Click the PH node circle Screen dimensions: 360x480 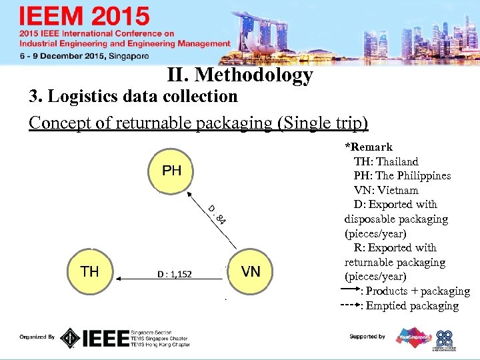tap(171, 171)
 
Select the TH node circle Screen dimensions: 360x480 tap(90, 271)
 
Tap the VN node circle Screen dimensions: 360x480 tap(251, 271)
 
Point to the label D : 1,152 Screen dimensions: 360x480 tap(174, 273)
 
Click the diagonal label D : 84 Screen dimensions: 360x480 tap(216, 215)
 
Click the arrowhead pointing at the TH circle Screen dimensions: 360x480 tap(118, 273)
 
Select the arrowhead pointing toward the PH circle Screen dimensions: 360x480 tap(190, 197)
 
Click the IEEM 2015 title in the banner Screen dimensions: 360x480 tap(85, 15)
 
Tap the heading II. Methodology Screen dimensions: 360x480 tap(240, 75)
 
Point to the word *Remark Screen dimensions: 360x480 tap(369, 147)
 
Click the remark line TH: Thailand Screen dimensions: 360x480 tap(386, 161)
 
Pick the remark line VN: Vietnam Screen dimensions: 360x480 tap(386, 190)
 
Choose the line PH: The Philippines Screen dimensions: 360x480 tap(402, 176)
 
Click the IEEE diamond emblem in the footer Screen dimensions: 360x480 tap(70, 338)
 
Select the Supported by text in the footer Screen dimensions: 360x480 tap(367, 337)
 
